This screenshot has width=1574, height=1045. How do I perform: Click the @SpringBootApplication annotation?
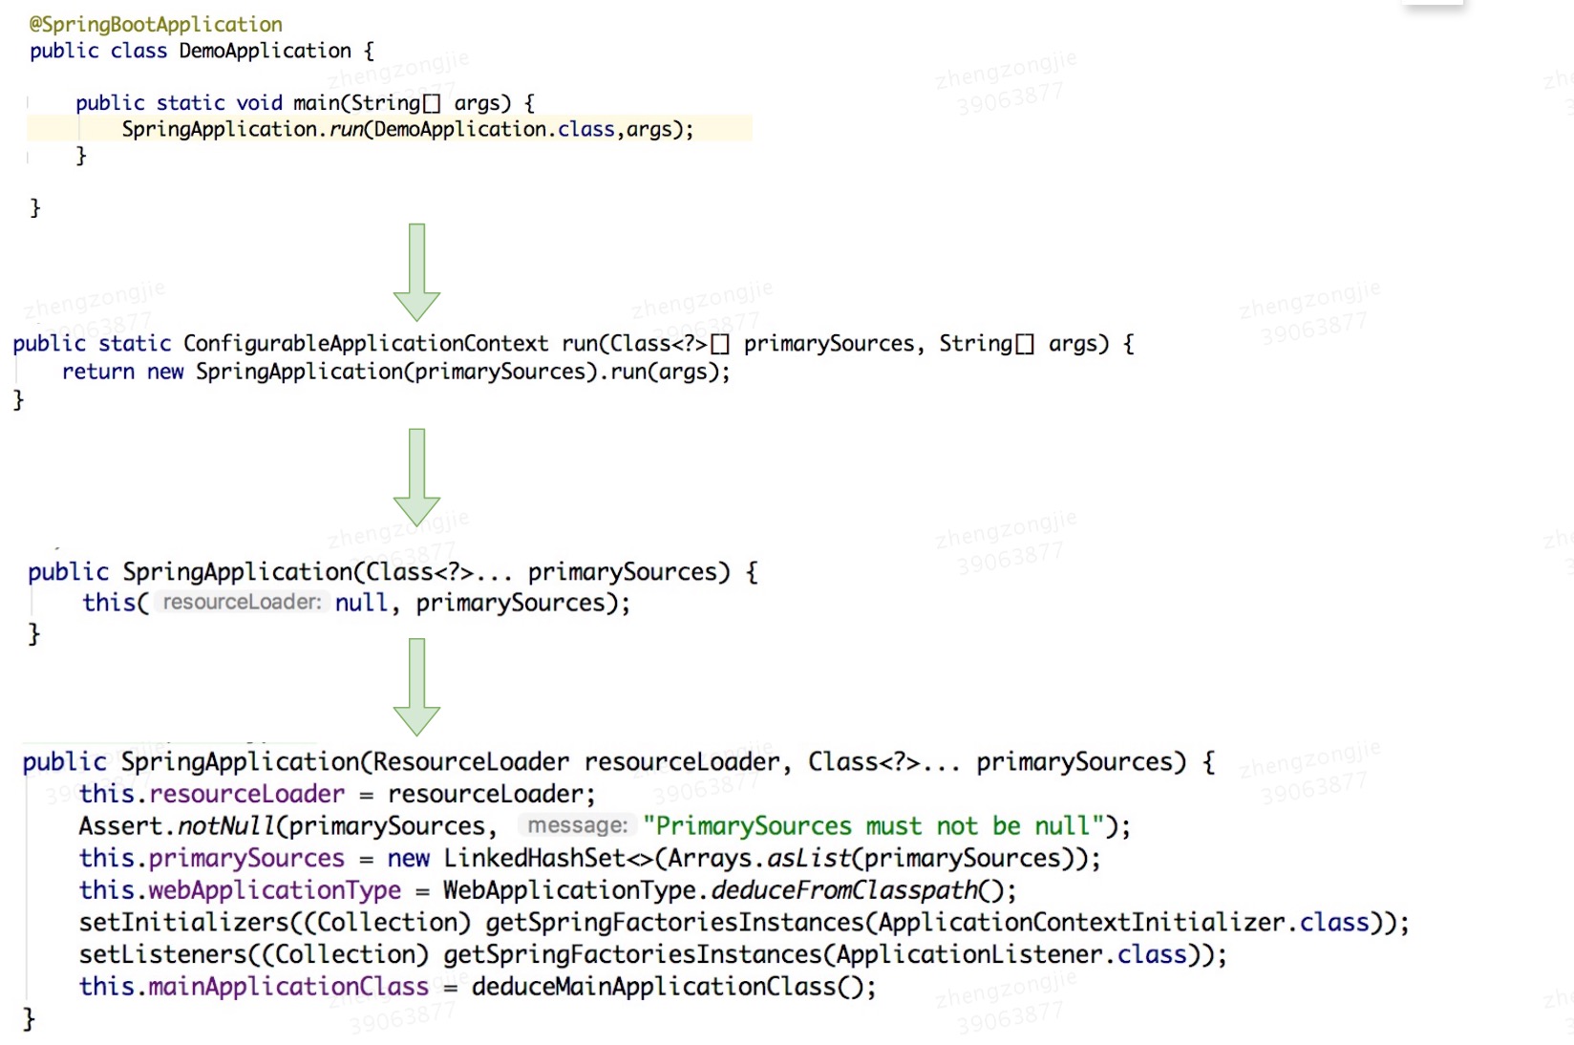156,24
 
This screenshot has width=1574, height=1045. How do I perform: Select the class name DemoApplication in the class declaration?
265,51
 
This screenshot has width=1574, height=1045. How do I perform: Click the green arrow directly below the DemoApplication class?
416,272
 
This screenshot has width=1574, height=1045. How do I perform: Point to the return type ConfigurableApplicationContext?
366,344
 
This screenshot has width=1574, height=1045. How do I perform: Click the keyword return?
97,372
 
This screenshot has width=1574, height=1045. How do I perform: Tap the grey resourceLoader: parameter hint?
242,603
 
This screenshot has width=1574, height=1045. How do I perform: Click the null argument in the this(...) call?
361,603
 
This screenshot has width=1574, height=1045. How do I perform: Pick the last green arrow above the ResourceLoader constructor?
416,687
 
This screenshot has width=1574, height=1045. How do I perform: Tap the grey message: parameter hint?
577,826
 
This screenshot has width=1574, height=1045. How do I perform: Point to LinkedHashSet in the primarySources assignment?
534,859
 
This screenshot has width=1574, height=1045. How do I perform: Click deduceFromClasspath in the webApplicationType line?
844,890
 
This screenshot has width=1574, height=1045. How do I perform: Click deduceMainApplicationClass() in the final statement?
672,987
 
